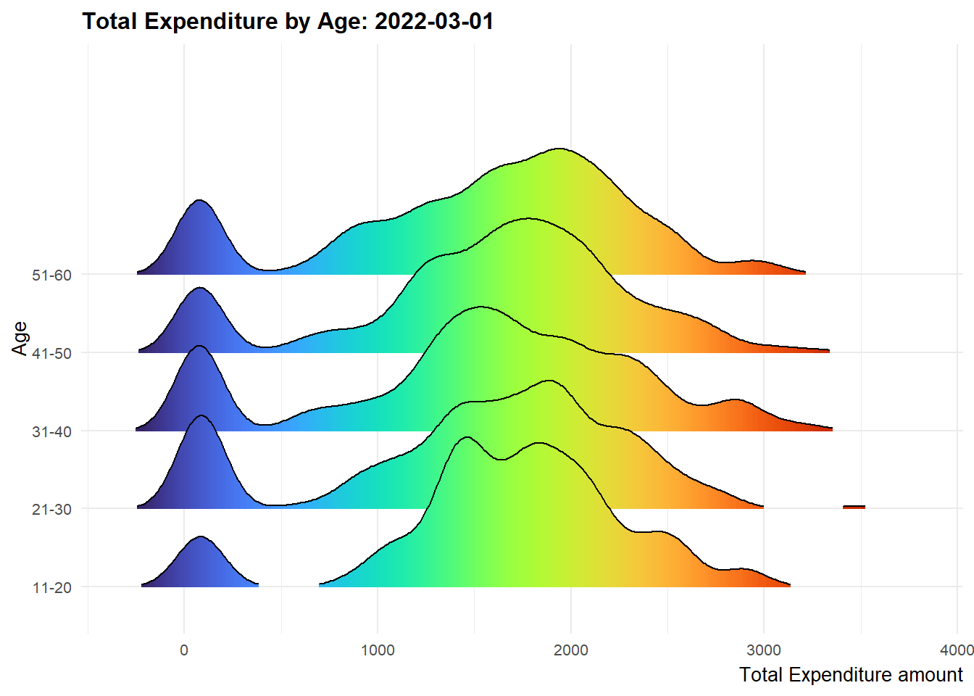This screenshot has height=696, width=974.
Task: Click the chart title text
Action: pos(288,21)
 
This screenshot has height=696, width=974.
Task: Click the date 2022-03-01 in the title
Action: pos(434,21)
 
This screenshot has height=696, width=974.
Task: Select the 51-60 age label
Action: pos(51,275)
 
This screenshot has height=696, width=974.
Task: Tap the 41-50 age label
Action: pos(51,354)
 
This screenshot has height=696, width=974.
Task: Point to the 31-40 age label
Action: pos(51,432)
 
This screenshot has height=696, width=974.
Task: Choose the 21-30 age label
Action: pos(51,510)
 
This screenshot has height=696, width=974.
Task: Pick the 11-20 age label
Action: pos(51,588)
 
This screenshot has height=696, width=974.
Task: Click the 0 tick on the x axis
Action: pos(184,650)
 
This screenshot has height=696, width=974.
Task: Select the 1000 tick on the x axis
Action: pos(378,650)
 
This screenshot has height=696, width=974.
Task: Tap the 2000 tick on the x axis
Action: pos(571,650)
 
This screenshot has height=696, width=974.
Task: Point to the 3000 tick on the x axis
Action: pos(764,650)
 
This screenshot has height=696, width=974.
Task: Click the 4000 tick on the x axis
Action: pos(957,650)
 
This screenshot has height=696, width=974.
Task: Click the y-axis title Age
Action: pos(20,339)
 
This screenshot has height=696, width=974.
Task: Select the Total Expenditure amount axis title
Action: pos(851,675)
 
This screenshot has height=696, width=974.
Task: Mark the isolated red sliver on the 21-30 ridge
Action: pos(854,507)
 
